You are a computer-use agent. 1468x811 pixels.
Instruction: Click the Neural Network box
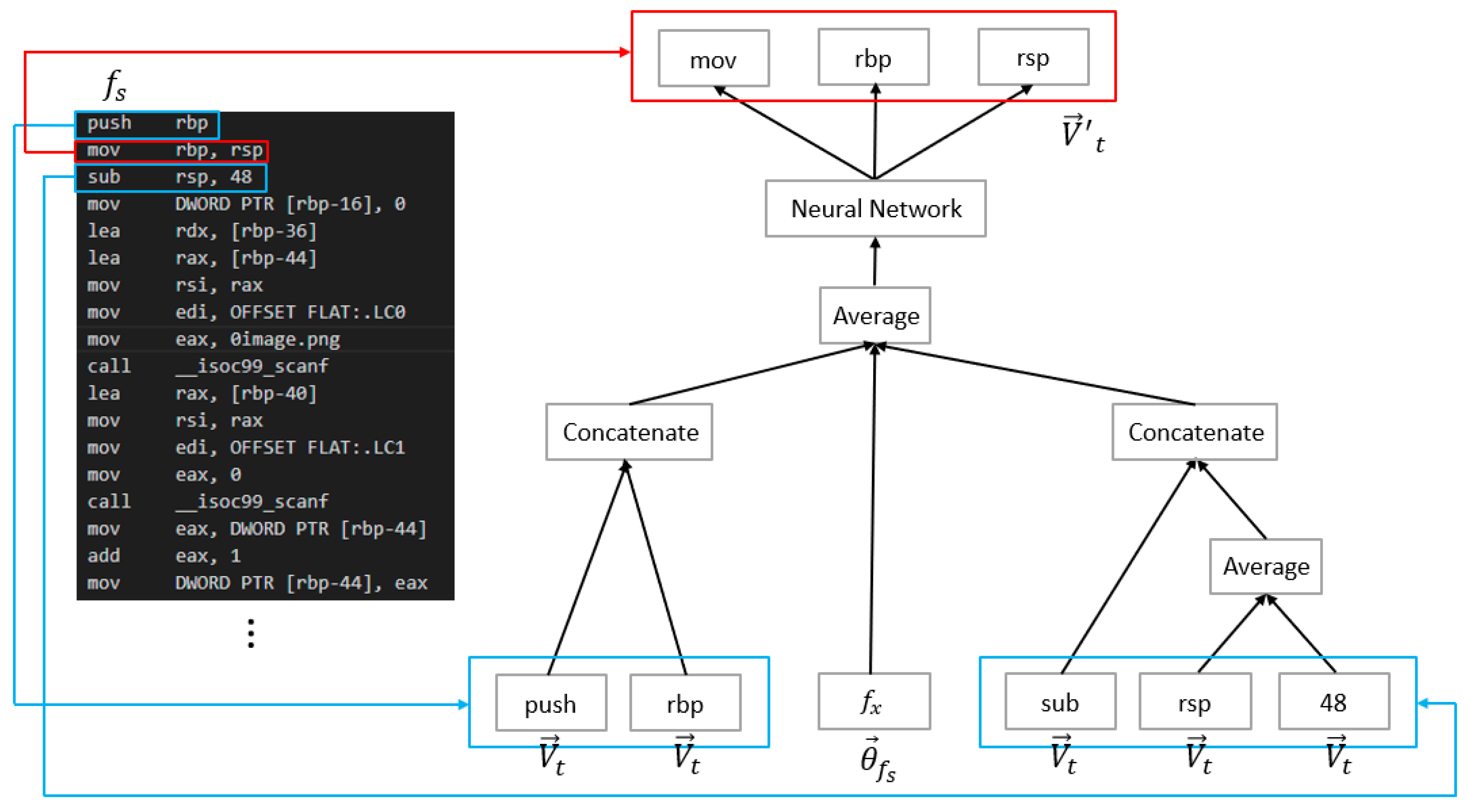coord(875,209)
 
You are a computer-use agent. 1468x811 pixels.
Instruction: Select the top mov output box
coord(714,59)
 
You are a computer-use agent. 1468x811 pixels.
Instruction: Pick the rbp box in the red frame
coord(873,57)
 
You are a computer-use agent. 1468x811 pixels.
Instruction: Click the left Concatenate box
coord(629,432)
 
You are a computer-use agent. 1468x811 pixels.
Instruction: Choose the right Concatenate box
coord(1195,432)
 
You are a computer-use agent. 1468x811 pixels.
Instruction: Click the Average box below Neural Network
coord(875,315)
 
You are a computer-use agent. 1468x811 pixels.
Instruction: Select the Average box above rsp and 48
coord(1266,567)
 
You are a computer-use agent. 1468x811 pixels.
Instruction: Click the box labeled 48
coord(1334,702)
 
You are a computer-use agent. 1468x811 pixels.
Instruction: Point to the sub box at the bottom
coord(1060,702)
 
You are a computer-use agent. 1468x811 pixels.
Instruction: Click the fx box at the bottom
coord(874,702)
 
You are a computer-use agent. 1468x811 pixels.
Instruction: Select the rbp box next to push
coord(685,703)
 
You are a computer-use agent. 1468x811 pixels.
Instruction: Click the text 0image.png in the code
coord(285,339)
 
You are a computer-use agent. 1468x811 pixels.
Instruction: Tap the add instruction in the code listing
coord(104,556)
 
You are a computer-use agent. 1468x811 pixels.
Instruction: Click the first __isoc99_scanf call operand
coord(252,366)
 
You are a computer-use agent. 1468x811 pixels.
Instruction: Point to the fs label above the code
coord(114,86)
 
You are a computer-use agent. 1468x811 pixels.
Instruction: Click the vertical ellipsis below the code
coord(251,633)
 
